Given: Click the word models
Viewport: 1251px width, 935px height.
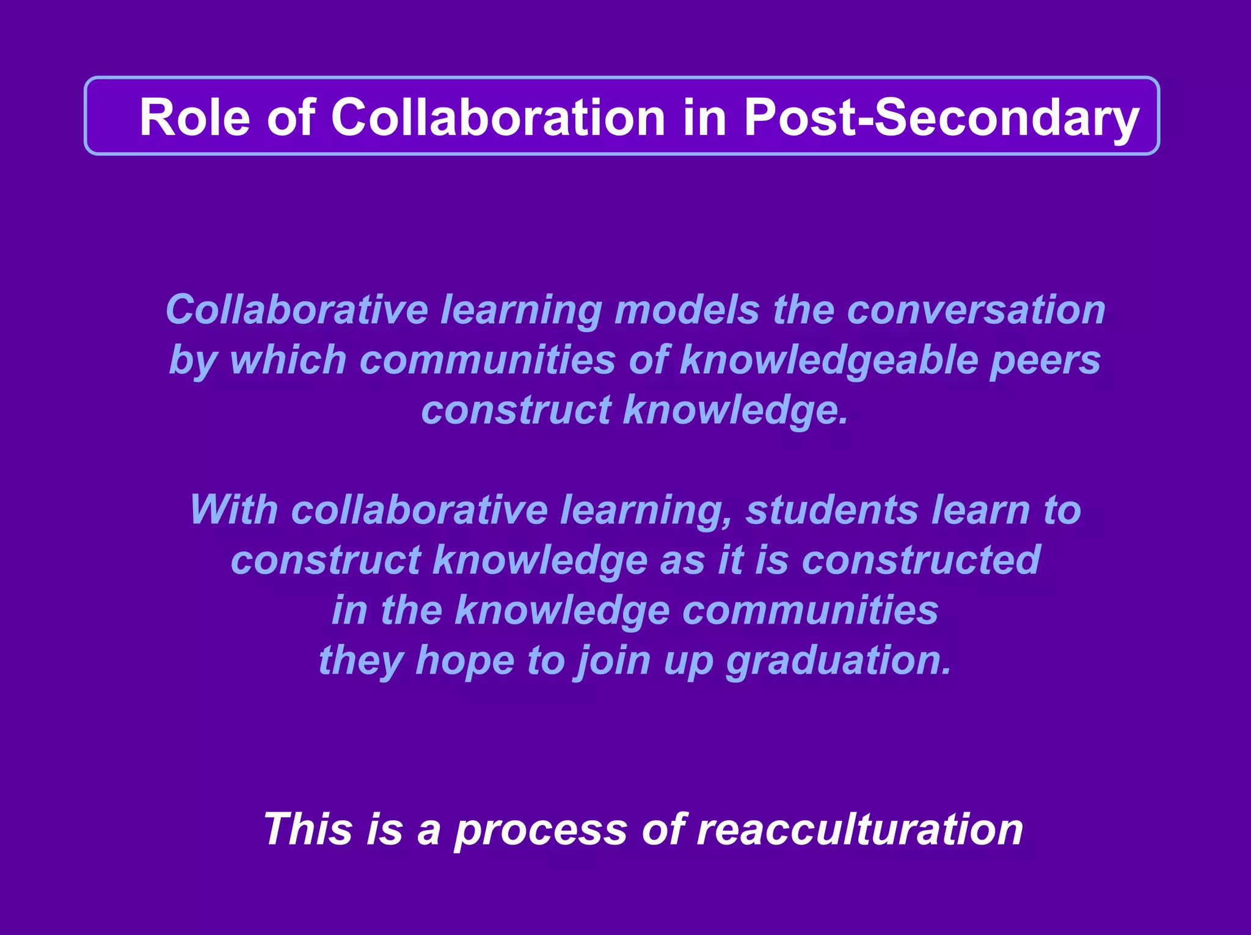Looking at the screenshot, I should pyautogui.click(x=687, y=310).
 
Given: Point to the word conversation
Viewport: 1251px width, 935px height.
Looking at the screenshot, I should pyautogui.click(x=976, y=310).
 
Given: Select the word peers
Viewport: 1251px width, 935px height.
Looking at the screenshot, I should pyautogui.click(x=1045, y=360).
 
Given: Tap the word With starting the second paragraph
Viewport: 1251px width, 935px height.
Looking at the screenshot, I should pyautogui.click(x=233, y=510).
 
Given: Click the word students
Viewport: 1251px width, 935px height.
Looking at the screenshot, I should pyautogui.click(x=832, y=510).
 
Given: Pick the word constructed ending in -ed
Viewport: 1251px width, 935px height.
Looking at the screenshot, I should pyautogui.click(x=921, y=560).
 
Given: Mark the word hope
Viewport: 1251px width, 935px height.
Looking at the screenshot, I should pyautogui.click(x=464, y=660).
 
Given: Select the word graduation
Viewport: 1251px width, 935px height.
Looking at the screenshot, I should pyautogui.click(x=838, y=660).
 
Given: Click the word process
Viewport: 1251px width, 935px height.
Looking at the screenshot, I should pyautogui.click(x=540, y=829).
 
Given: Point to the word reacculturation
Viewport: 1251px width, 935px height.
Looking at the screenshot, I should pyautogui.click(x=859, y=829).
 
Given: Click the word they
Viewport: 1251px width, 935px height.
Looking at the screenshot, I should pyautogui.click(x=360, y=660).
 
